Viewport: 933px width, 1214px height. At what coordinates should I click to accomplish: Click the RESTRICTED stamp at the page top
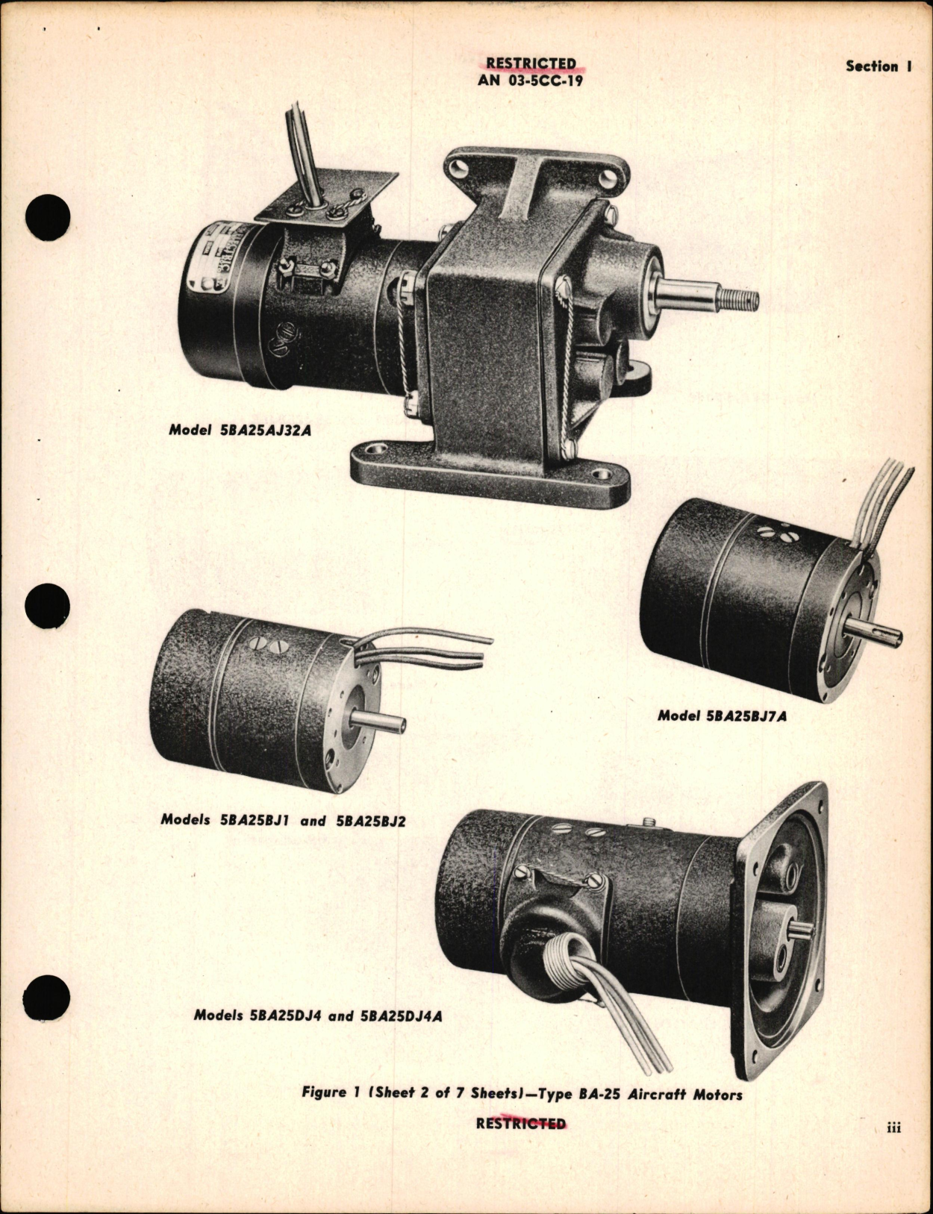click(531, 64)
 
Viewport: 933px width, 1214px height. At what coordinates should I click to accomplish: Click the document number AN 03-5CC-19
click(530, 81)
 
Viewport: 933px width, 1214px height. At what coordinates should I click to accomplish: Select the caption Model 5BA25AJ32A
click(239, 430)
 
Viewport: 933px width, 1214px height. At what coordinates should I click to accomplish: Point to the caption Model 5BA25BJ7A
click(722, 716)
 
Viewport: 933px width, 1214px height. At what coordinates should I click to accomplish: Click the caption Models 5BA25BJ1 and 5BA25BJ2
click(283, 820)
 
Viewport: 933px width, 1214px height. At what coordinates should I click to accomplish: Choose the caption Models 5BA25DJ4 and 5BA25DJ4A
click(317, 1016)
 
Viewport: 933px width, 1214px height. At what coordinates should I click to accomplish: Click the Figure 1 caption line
click(522, 1094)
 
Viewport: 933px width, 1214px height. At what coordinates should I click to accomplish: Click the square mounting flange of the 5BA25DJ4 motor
click(784, 933)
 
